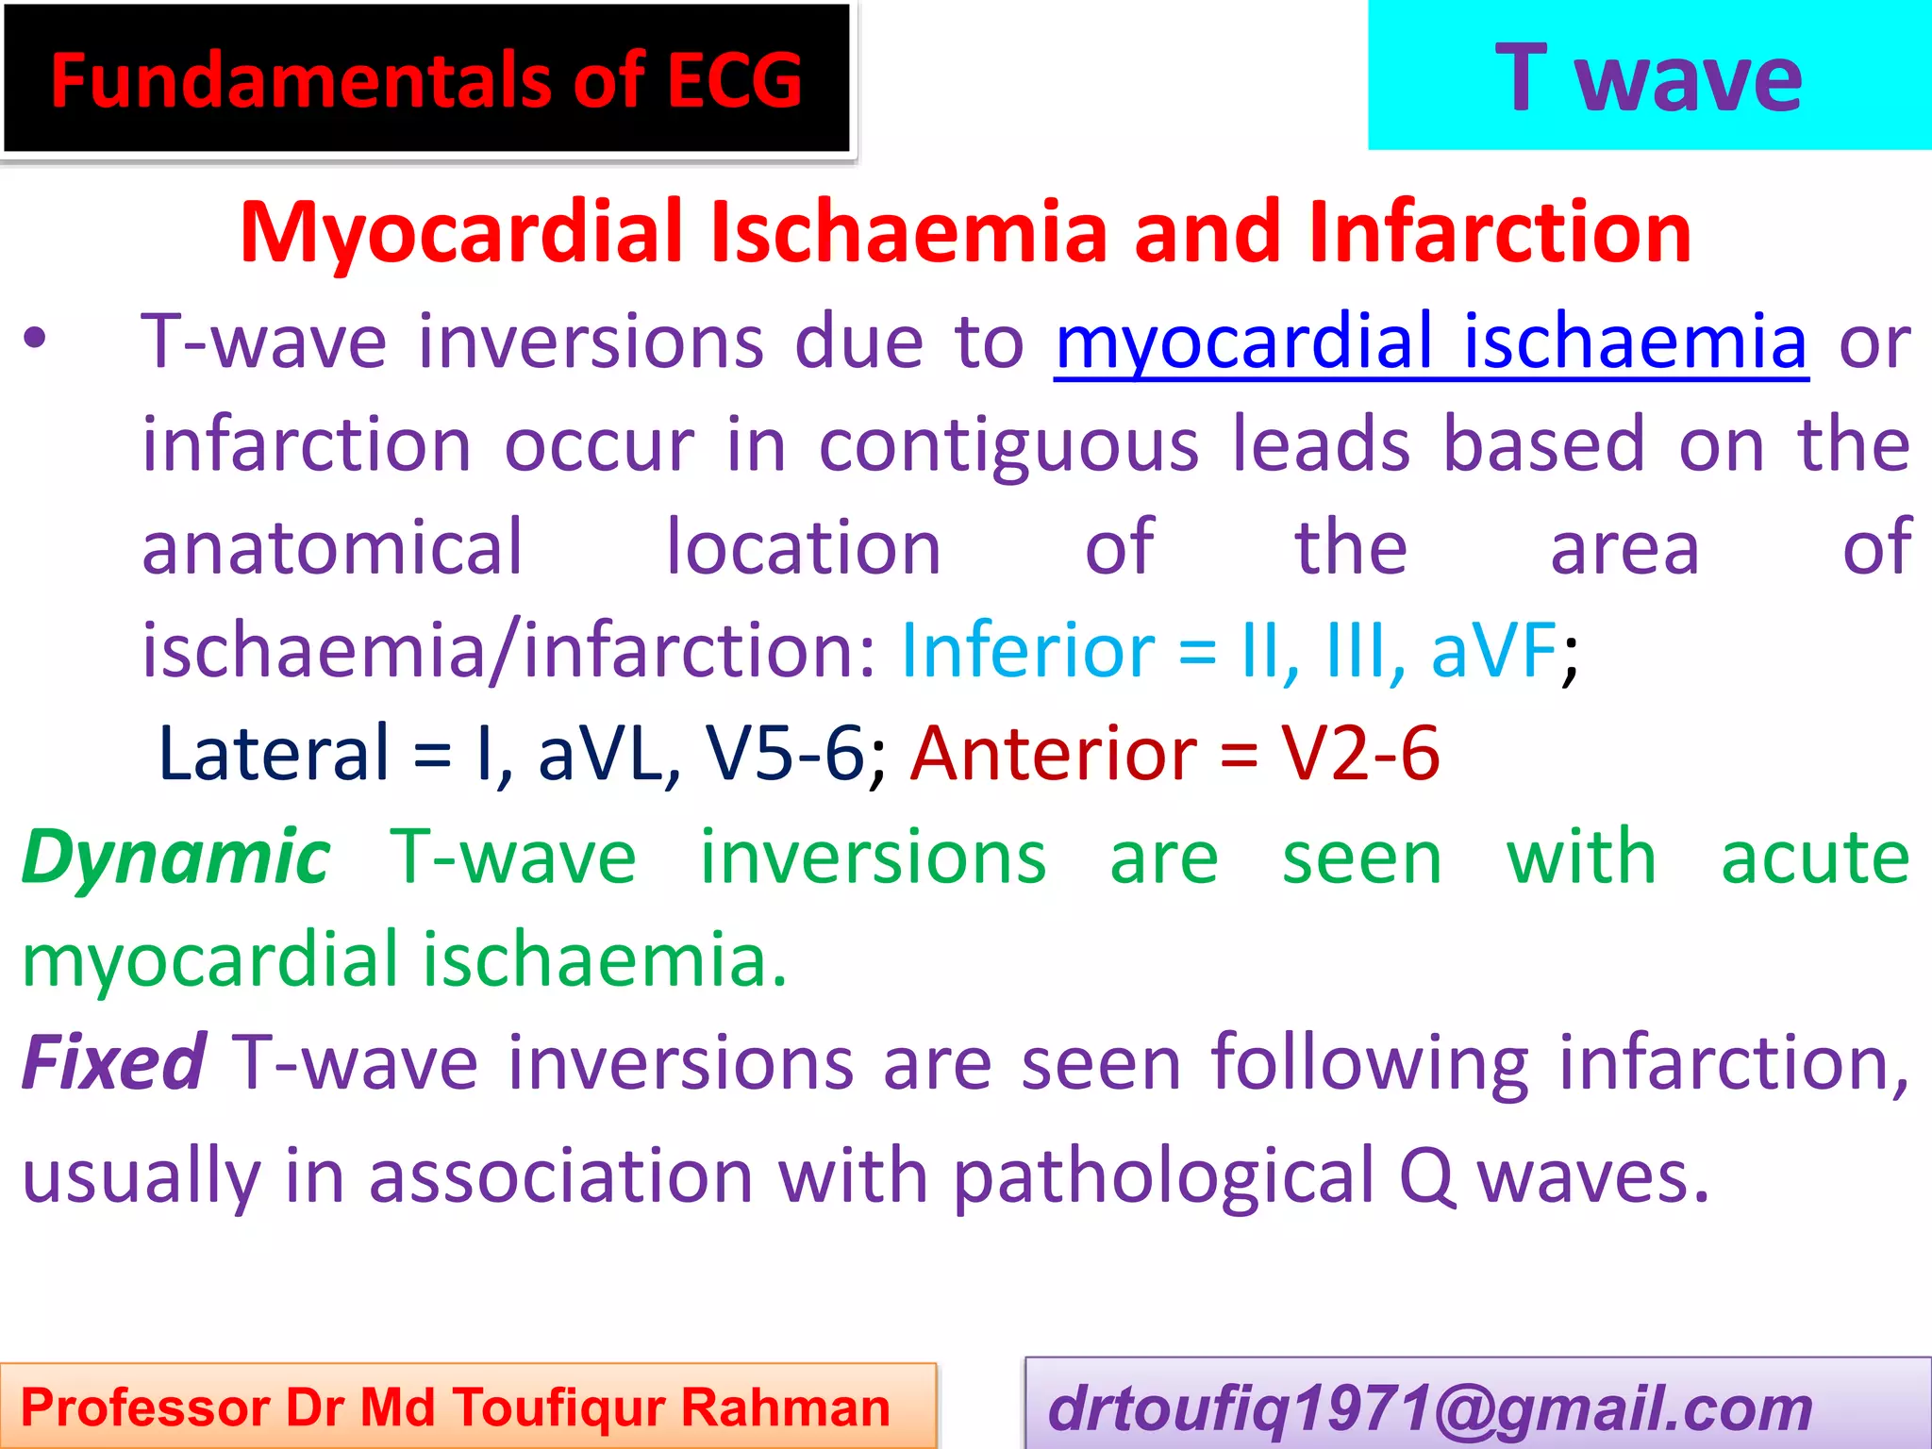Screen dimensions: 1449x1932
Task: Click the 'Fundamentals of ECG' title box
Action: (426, 80)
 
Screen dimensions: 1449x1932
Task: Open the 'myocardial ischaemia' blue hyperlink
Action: (1430, 341)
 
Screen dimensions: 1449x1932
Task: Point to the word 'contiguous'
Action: (1008, 445)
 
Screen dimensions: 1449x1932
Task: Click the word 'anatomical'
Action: (332, 548)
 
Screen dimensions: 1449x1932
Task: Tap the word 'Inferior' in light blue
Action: (1027, 651)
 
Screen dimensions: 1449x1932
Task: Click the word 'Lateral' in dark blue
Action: (274, 754)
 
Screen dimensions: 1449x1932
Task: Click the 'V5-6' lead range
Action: (785, 754)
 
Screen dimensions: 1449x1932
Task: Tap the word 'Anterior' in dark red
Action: (1054, 754)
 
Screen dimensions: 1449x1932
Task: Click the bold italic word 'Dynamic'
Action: (176, 857)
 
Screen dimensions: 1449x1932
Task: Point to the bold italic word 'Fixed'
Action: (113, 1063)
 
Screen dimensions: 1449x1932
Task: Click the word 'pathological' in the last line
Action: (1163, 1176)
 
